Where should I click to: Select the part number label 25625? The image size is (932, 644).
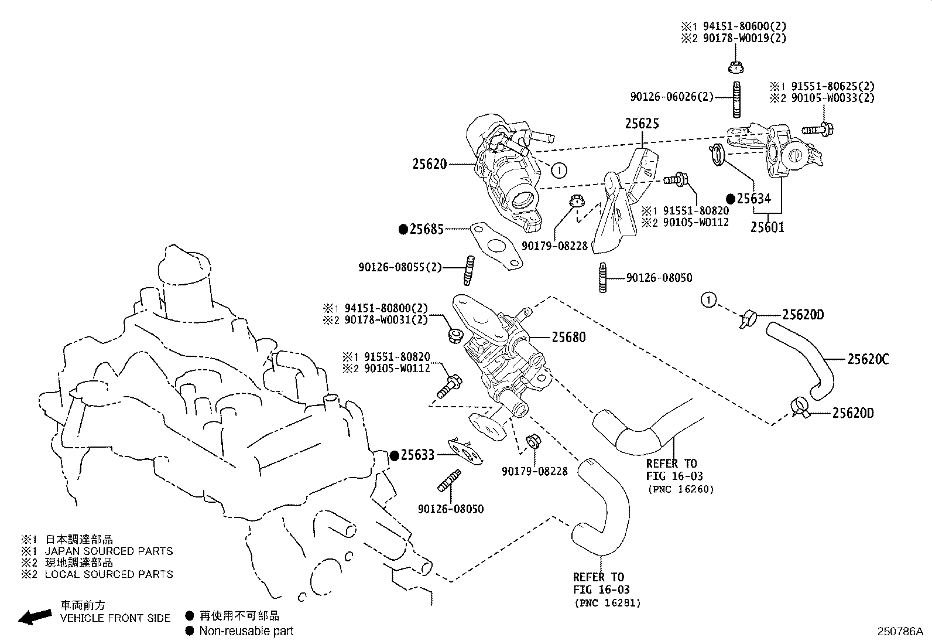click(x=642, y=124)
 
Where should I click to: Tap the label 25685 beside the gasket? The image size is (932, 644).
click(x=426, y=230)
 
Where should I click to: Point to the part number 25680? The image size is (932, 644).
click(x=568, y=338)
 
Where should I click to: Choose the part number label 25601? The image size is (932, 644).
click(x=767, y=227)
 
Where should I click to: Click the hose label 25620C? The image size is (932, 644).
click(x=868, y=359)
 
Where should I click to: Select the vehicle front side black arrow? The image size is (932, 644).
click(x=33, y=617)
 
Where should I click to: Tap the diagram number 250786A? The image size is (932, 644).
click(x=899, y=632)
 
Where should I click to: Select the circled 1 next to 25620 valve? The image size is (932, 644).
click(x=559, y=171)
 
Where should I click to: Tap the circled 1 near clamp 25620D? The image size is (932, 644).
click(x=708, y=301)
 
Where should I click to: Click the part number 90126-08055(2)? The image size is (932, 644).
click(x=400, y=268)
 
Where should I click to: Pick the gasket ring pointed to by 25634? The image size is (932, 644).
click(x=717, y=154)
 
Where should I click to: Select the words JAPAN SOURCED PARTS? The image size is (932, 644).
click(x=109, y=551)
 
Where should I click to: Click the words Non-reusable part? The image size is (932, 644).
click(x=246, y=631)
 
